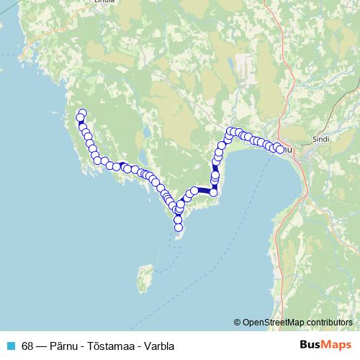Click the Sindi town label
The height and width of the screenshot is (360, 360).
pos(320,135)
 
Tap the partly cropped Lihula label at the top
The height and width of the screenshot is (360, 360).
pos(104,3)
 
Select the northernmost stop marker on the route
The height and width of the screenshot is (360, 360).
pos(82,113)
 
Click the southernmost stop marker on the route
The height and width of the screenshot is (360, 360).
pos(179,228)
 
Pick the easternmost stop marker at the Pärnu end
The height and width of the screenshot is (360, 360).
pos(279,150)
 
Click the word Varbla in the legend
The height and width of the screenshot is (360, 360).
pos(159,346)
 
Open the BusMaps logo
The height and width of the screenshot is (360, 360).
pos(326,345)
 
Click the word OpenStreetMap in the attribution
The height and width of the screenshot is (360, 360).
pos(275,322)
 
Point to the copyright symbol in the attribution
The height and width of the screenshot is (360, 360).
pos(238,322)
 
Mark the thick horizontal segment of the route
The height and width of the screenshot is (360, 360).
pos(204,192)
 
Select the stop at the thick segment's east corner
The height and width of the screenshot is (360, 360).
pos(213,192)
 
